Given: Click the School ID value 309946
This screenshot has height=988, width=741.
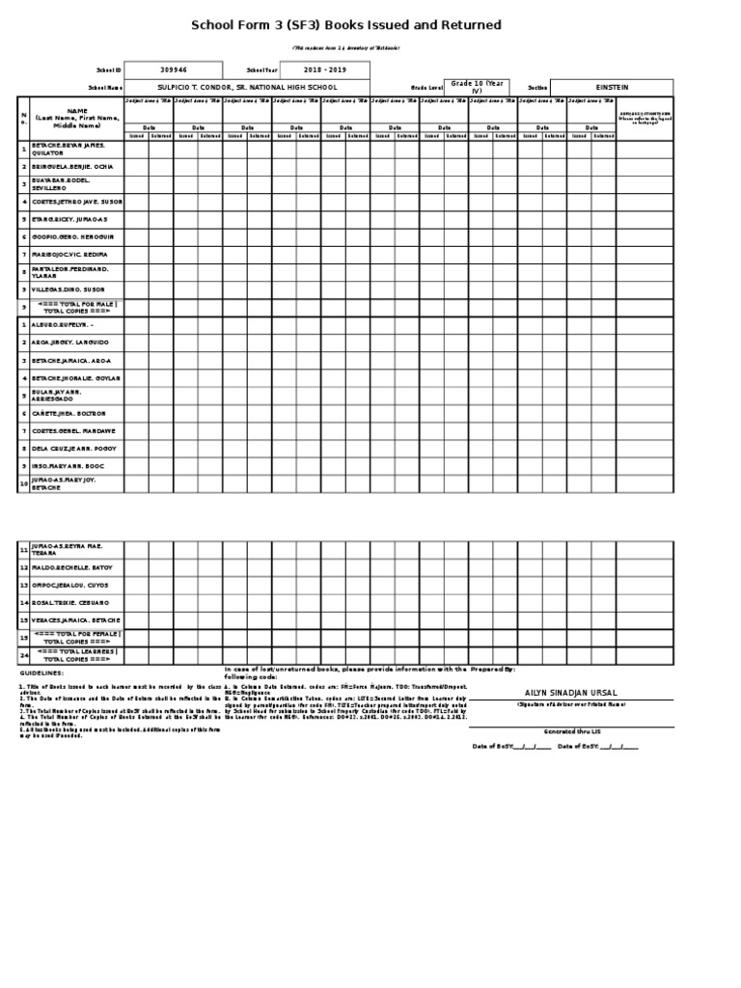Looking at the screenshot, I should point(174,70).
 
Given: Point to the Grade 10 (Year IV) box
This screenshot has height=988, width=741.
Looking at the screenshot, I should point(476,87).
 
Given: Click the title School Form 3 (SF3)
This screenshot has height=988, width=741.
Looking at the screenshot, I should point(346,25).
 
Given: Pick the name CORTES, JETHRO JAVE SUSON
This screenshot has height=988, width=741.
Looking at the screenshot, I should point(76,202).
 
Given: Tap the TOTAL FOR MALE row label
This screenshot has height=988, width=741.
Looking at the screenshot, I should point(76,307).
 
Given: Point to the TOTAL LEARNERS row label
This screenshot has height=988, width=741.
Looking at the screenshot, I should point(76,655).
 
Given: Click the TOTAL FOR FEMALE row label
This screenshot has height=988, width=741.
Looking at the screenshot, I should point(76,637).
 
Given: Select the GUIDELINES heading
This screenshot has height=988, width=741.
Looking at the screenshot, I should point(40,672).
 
